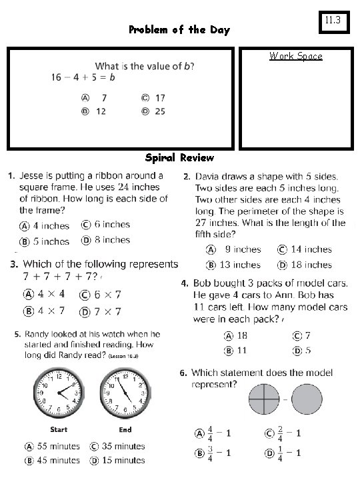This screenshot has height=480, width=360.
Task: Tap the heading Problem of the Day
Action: click(x=179, y=30)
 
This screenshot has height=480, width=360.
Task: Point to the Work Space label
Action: click(x=295, y=56)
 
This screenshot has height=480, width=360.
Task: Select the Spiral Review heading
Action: click(x=179, y=158)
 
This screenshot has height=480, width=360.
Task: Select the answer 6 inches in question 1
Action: click(x=106, y=225)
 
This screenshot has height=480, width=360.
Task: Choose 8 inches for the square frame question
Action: click(x=106, y=240)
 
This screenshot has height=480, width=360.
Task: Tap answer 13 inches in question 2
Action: click(x=236, y=265)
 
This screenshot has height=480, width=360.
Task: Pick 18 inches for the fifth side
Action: click(x=306, y=265)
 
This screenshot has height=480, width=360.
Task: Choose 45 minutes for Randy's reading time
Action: click(x=53, y=460)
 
